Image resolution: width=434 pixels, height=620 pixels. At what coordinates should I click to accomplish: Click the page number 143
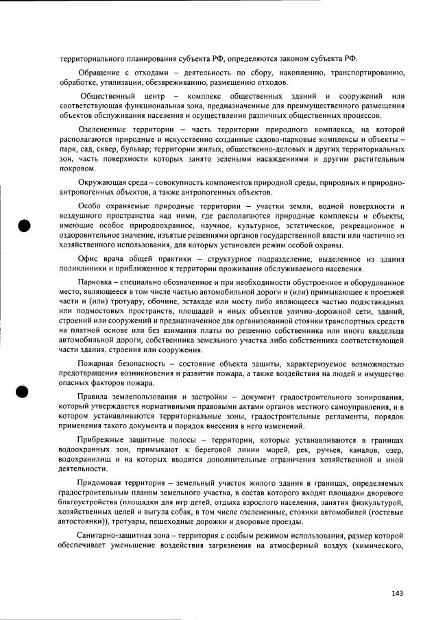pos(397,593)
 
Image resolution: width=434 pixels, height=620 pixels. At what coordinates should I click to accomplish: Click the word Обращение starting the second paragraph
pos(101,73)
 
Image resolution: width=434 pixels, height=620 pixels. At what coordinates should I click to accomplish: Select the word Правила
pos(95,397)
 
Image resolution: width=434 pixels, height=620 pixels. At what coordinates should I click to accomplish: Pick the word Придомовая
pos(104,484)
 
